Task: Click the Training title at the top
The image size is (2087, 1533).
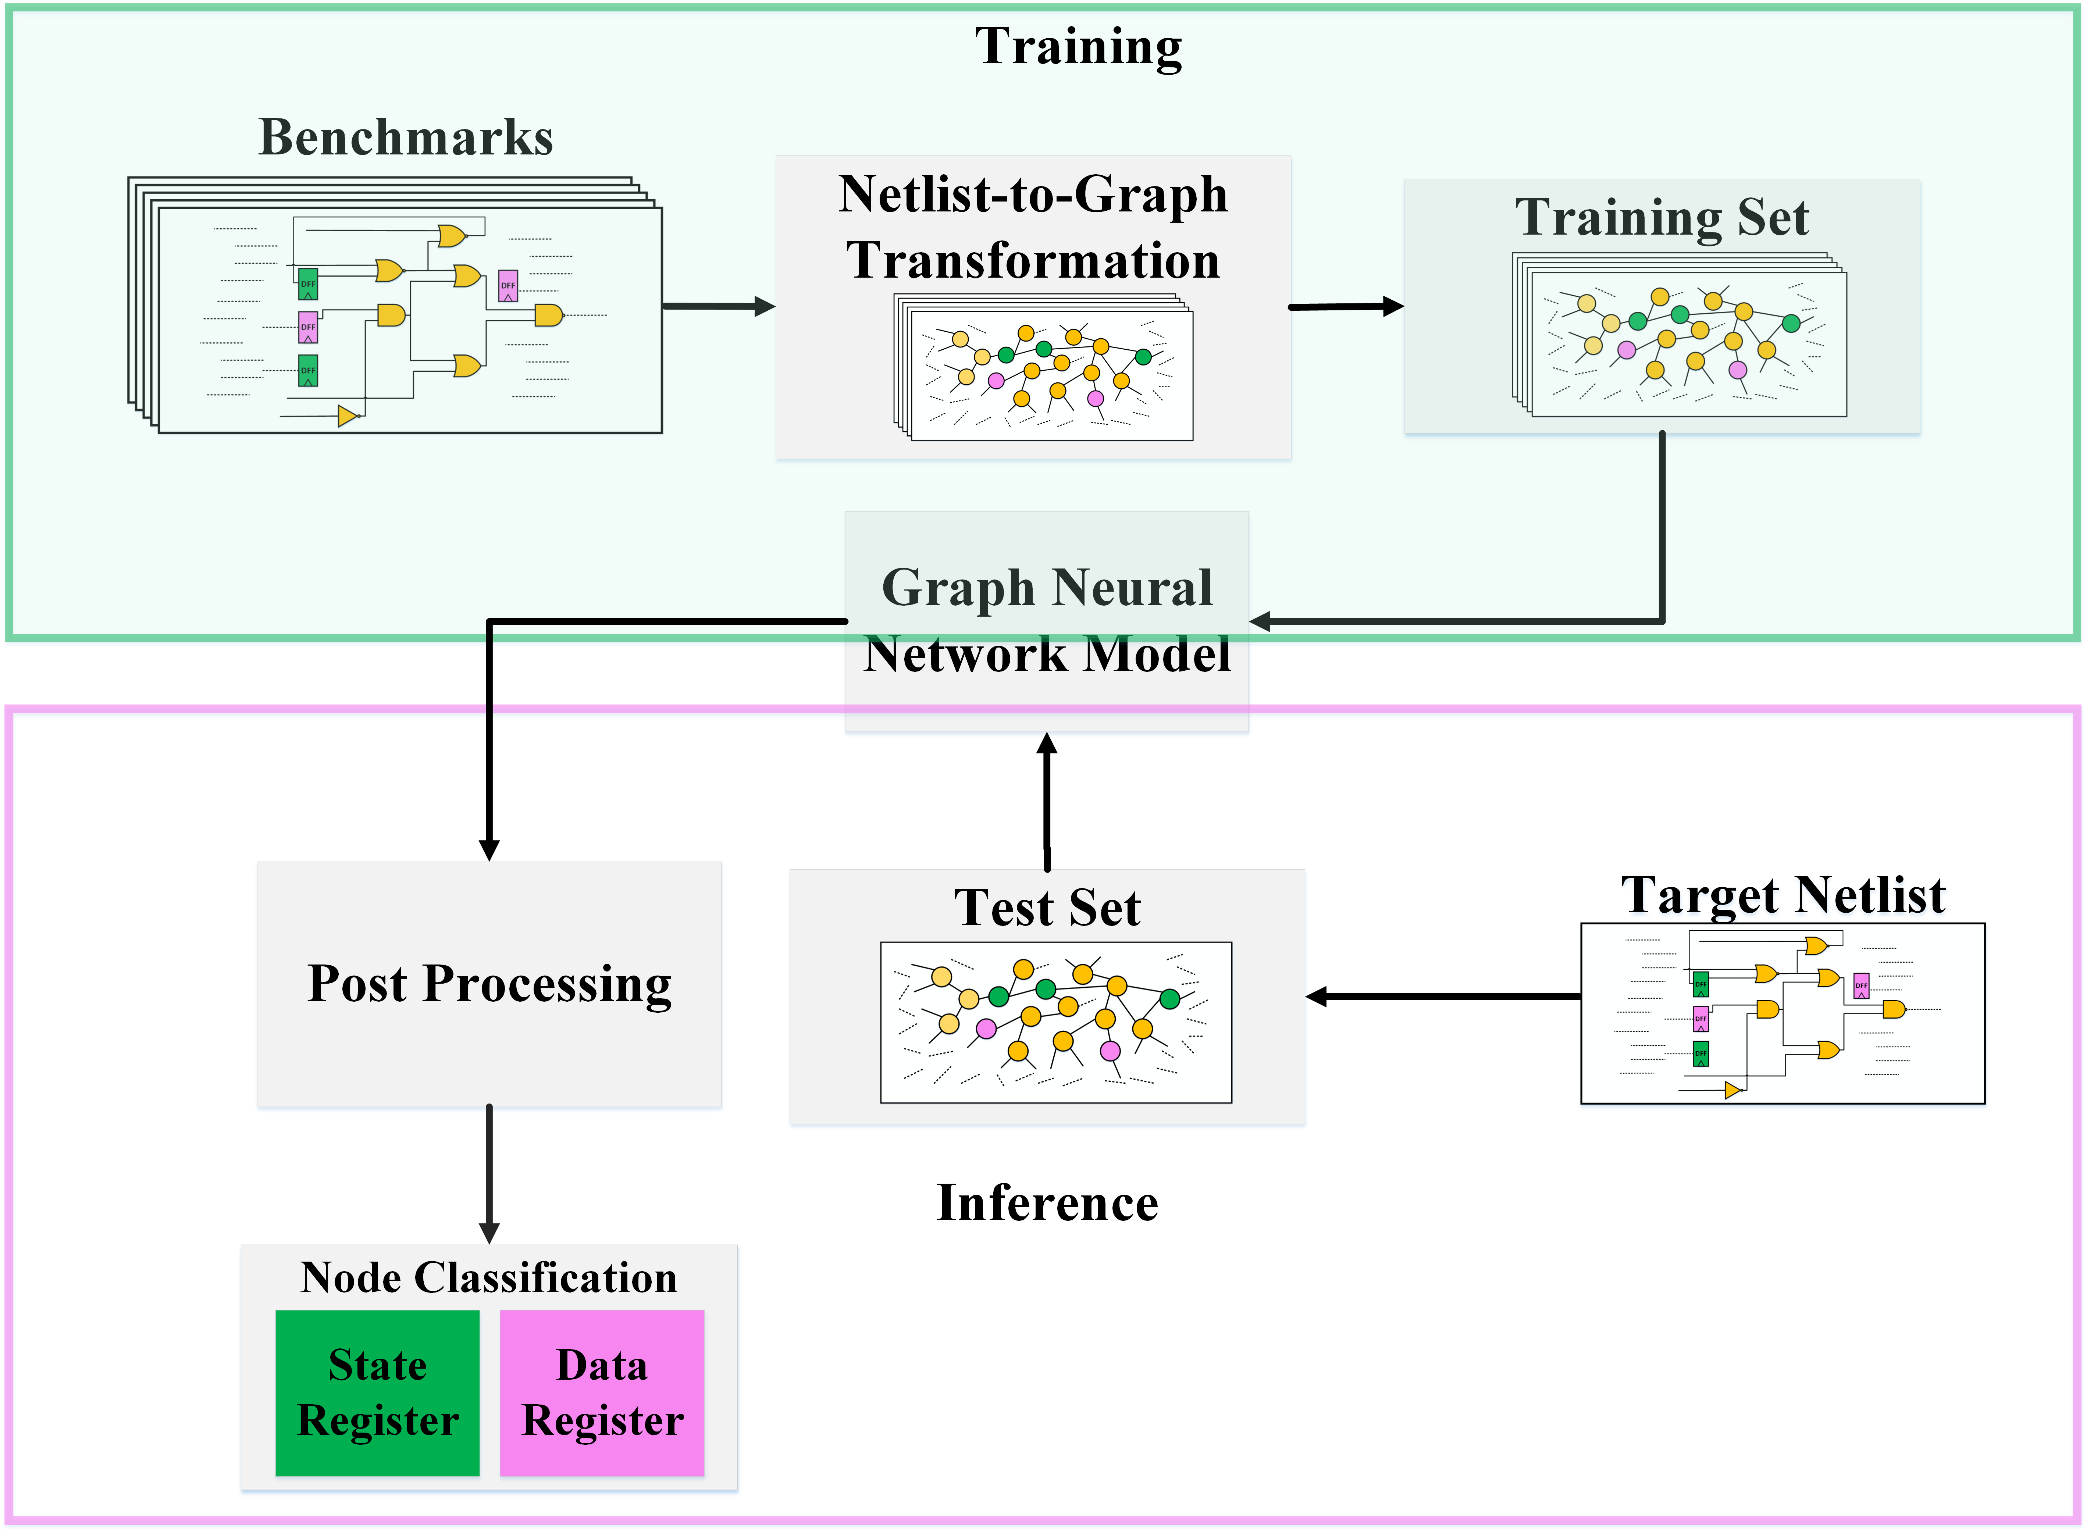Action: pyautogui.click(x=1078, y=46)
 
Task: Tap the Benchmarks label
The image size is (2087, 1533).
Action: pyautogui.click(x=406, y=137)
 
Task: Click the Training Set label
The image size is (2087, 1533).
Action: pyautogui.click(x=1662, y=218)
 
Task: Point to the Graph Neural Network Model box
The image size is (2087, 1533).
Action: pyautogui.click(x=1047, y=622)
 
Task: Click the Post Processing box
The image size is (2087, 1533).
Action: pyautogui.click(x=489, y=985)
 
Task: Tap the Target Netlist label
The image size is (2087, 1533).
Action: pyautogui.click(x=1783, y=895)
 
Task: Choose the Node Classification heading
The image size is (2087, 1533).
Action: pyautogui.click(x=489, y=1278)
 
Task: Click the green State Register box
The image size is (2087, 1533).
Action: pyautogui.click(x=378, y=1393)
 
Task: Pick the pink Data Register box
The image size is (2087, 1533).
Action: pyautogui.click(x=602, y=1393)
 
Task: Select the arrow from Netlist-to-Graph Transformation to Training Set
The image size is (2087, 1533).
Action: pyautogui.click(x=1346, y=306)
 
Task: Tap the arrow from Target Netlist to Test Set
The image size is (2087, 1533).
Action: pyautogui.click(x=1443, y=997)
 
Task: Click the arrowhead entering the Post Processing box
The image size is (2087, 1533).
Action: pyautogui.click(x=489, y=850)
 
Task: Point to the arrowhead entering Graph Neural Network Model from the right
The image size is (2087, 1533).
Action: pyautogui.click(x=1260, y=622)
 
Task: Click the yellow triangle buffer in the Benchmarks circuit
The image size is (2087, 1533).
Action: pyautogui.click(x=348, y=416)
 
